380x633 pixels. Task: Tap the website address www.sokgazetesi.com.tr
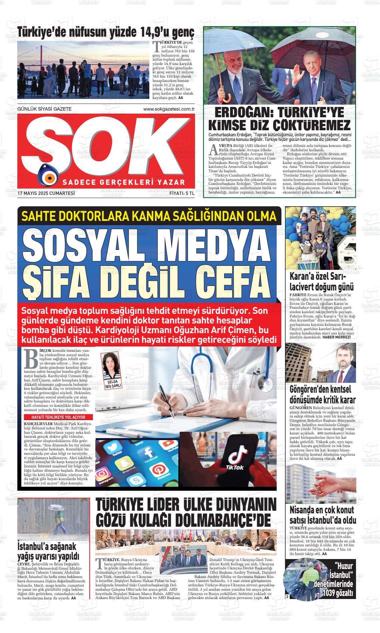169,109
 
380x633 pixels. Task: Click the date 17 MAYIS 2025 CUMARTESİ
46,193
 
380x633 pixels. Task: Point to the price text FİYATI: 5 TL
182,193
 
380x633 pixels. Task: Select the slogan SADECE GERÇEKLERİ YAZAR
123,182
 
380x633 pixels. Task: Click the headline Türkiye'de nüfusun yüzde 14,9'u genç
106,32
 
